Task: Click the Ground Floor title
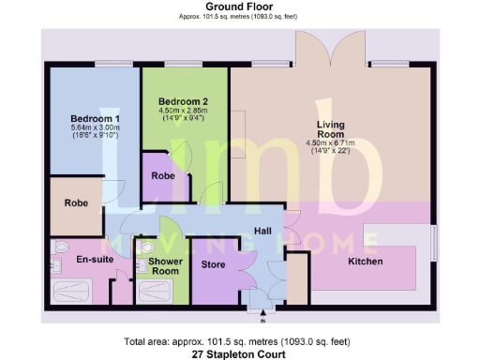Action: point(239,7)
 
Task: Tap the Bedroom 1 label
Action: point(95,119)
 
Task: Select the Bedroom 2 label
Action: point(183,101)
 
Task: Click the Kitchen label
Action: point(365,262)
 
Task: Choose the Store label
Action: point(216,263)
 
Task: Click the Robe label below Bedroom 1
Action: point(76,202)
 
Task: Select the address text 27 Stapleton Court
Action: point(239,355)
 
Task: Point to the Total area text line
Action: point(239,343)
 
